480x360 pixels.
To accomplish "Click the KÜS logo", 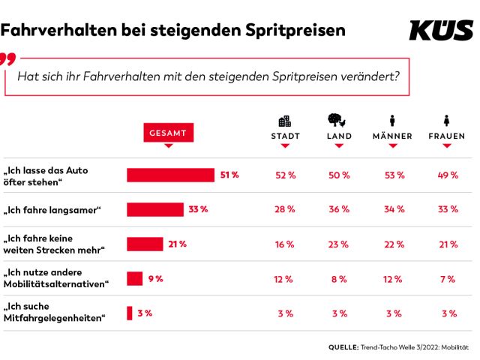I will pos(441,29).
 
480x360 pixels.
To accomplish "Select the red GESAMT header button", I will pos(167,133).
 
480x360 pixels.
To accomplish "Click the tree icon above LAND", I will pos(338,120).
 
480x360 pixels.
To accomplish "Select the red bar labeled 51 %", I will pos(171,175).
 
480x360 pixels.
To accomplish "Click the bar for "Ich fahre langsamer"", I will pos(155,209).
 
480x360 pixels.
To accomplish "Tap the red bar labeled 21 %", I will pos(145,244).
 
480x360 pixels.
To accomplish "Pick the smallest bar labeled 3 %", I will pos(130,313).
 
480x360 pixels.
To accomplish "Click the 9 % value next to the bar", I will pos(155,278).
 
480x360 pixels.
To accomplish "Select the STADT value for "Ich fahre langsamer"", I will pos(285,209).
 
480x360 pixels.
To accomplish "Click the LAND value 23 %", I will pos(338,244).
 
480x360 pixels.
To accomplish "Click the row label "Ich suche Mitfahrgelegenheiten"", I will pos(54,313).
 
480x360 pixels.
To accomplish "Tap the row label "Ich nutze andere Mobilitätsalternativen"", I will pos(57,278).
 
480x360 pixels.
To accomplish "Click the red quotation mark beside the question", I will pos(7,59).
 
